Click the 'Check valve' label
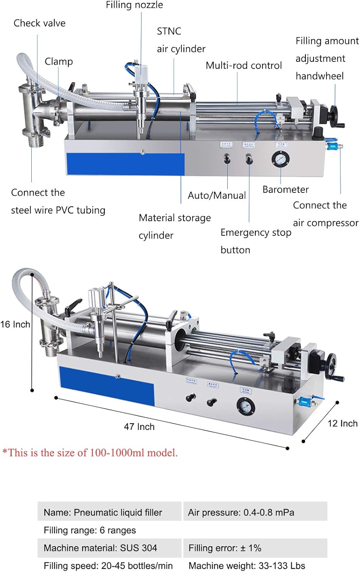click(39, 23)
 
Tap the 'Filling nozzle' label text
click(134, 5)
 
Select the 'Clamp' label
click(58, 61)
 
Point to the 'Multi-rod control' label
click(244, 66)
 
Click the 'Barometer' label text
click(286, 190)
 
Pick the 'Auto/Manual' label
click(217, 196)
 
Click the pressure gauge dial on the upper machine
click(280, 159)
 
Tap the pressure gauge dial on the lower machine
click(244, 406)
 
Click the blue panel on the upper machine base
click(125, 164)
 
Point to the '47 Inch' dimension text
click(139, 427)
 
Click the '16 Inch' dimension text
click(15, 325)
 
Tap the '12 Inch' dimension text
click(342, 424)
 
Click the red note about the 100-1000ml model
click(90, 453)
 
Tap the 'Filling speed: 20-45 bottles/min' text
click(108, 566)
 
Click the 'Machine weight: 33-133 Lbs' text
click(247, 566)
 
